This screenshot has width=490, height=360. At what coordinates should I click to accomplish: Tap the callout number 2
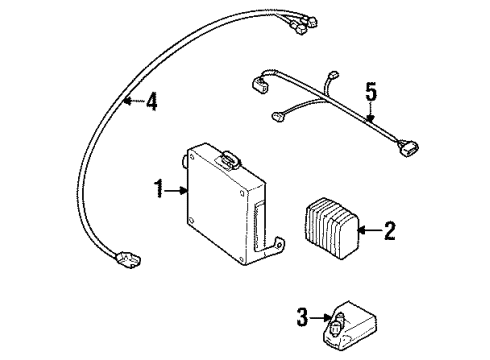tap(389, 232)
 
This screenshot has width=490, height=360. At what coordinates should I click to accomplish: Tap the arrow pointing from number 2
tap(365, 232)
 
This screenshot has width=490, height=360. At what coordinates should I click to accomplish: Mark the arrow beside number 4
tap(130, 101)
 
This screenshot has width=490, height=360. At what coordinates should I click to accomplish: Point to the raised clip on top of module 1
tap(231, 157)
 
